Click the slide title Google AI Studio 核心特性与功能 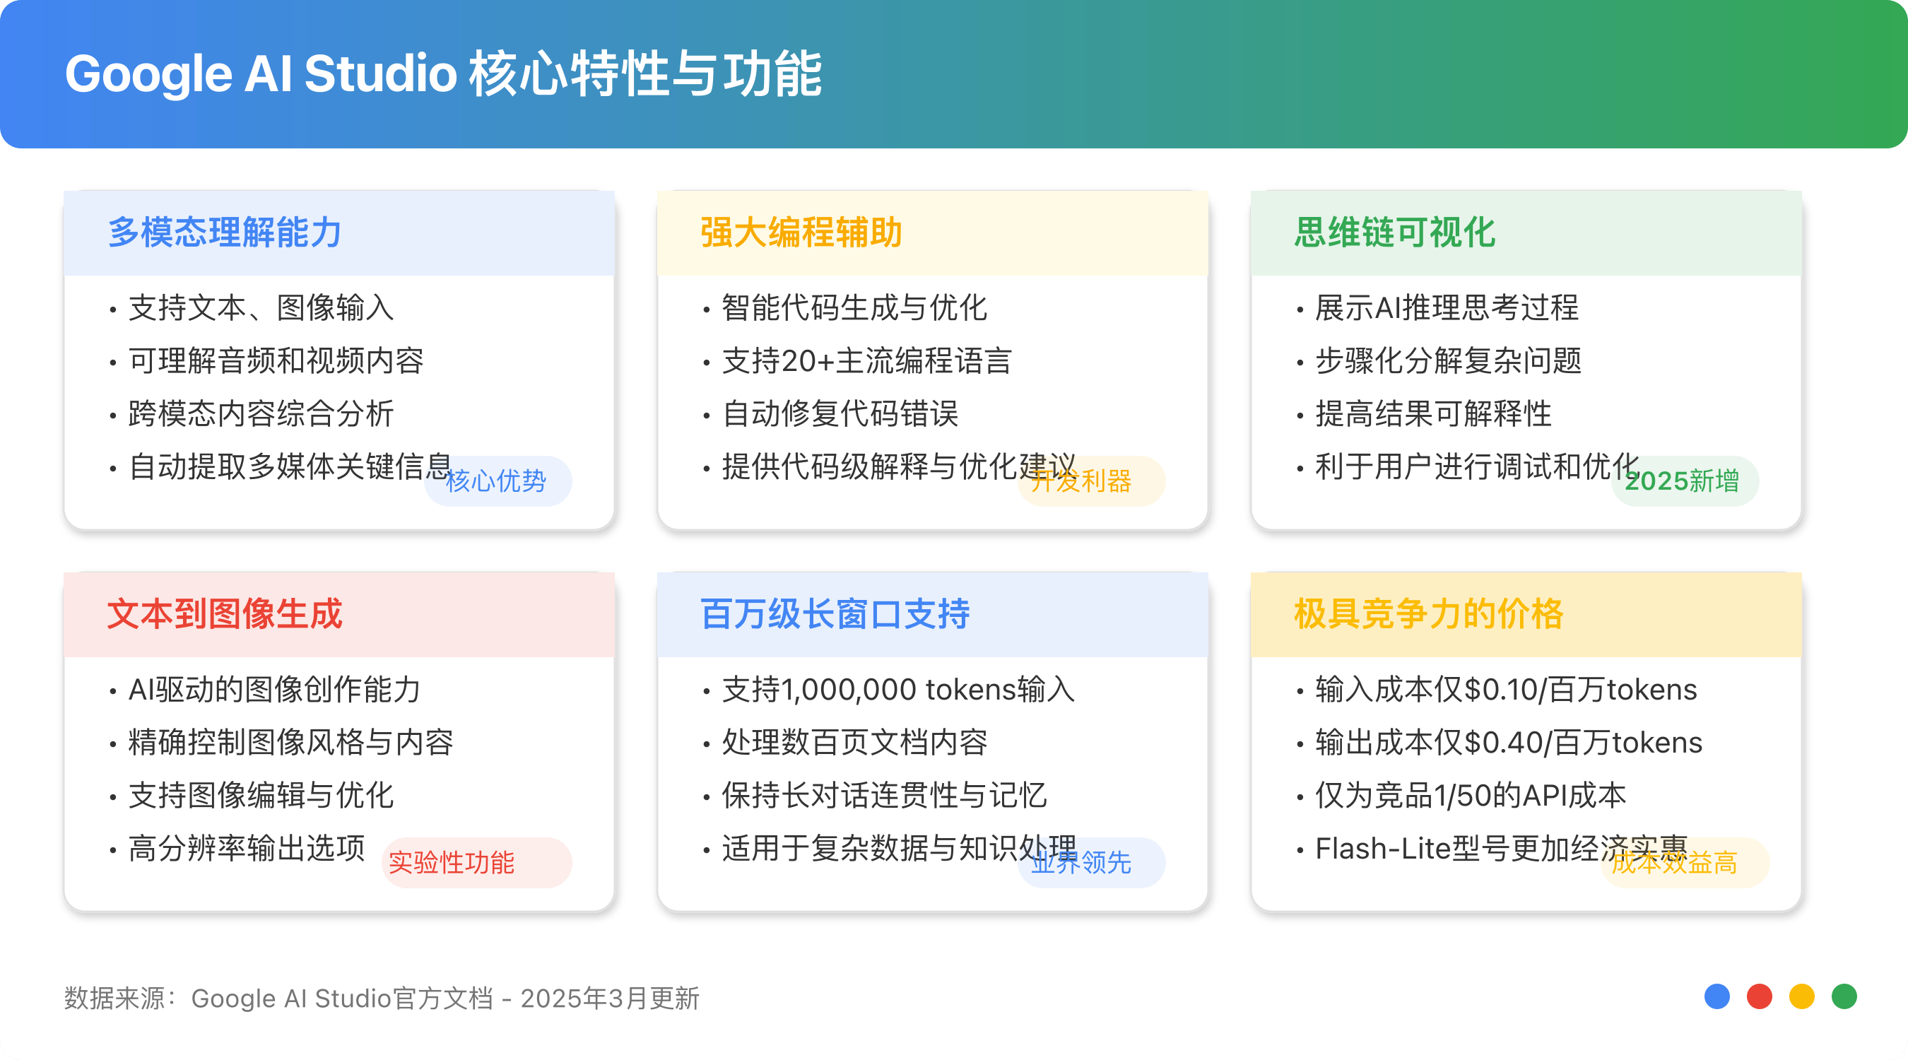443,74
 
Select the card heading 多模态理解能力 225,232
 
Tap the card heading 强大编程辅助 801,232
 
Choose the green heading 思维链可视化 1395,232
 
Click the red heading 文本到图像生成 225,614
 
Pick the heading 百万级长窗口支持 835,614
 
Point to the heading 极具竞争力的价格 1428,614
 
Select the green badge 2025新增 1683,481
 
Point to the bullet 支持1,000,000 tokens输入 897,690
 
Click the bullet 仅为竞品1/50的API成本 1470,796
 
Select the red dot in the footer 1759,996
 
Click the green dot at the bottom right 1844,996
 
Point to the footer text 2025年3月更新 610,999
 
